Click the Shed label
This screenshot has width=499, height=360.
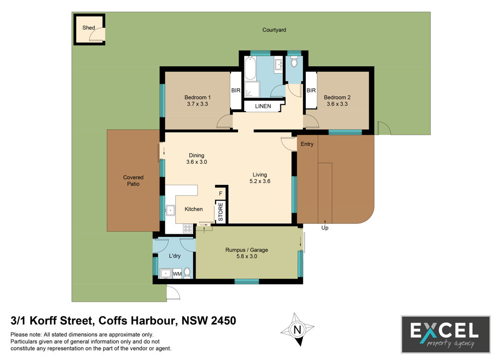click(x=88, y=27)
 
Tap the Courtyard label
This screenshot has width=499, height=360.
click(x=274, y=30)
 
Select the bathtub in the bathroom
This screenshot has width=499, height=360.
click(x=250, y=68)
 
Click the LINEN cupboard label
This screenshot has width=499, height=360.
click(x=263, y=106)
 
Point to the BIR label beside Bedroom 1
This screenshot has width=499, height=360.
click(x=236, y=90)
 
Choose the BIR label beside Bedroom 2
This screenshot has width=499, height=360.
click(x=311, y=90)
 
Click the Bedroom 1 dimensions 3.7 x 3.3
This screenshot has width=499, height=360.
click(x=197, y=104)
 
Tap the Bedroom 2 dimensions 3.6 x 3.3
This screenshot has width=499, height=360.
click(x=337, y=104)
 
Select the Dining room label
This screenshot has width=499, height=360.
click(x=196, y=155)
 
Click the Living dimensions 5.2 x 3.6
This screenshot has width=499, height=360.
click(x=259, y=181)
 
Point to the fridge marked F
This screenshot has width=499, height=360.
click(x=221, y=193)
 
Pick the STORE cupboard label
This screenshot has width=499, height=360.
click(x=221, y=212)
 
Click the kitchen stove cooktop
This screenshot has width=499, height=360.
click(x=188, y=228)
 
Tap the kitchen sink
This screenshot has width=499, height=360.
click(x=170, y=210)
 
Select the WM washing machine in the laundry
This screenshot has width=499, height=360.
click(x=177, y=274)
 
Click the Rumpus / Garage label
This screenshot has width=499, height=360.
click(x=247, y=250)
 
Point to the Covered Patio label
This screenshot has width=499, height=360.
click(x=133, y=180)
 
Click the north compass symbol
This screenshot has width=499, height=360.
click(x=297, y=330)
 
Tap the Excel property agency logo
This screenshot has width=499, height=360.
click(x=446, y=334)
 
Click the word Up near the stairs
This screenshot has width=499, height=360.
click(x=325, y=228)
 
